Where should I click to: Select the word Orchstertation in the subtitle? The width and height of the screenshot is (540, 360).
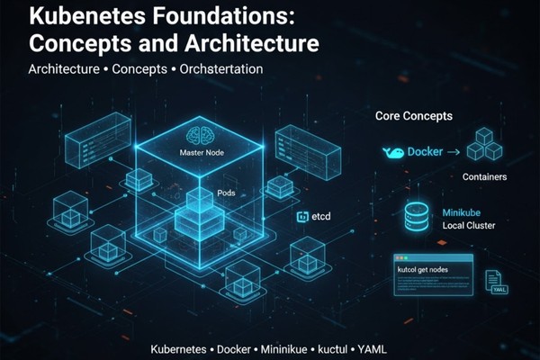pos(220,68)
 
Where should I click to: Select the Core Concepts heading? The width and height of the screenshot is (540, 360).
pos(413,117)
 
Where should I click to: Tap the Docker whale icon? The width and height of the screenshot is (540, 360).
pos(393,153)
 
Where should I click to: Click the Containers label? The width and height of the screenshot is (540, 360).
pos(484,177)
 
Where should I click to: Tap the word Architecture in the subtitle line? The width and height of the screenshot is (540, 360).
pos(63,68)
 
